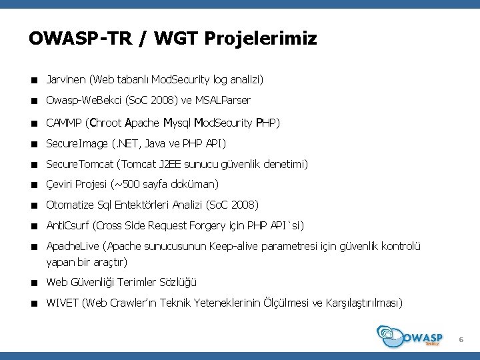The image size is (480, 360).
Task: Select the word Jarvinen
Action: point(65,80)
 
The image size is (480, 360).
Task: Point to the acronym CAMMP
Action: point(64,123)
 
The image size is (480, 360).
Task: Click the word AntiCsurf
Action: point(67,225)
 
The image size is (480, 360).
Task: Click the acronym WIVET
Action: point(62,303)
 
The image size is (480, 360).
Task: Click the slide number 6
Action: point(460,341)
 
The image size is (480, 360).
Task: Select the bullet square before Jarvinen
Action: point(33,81)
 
